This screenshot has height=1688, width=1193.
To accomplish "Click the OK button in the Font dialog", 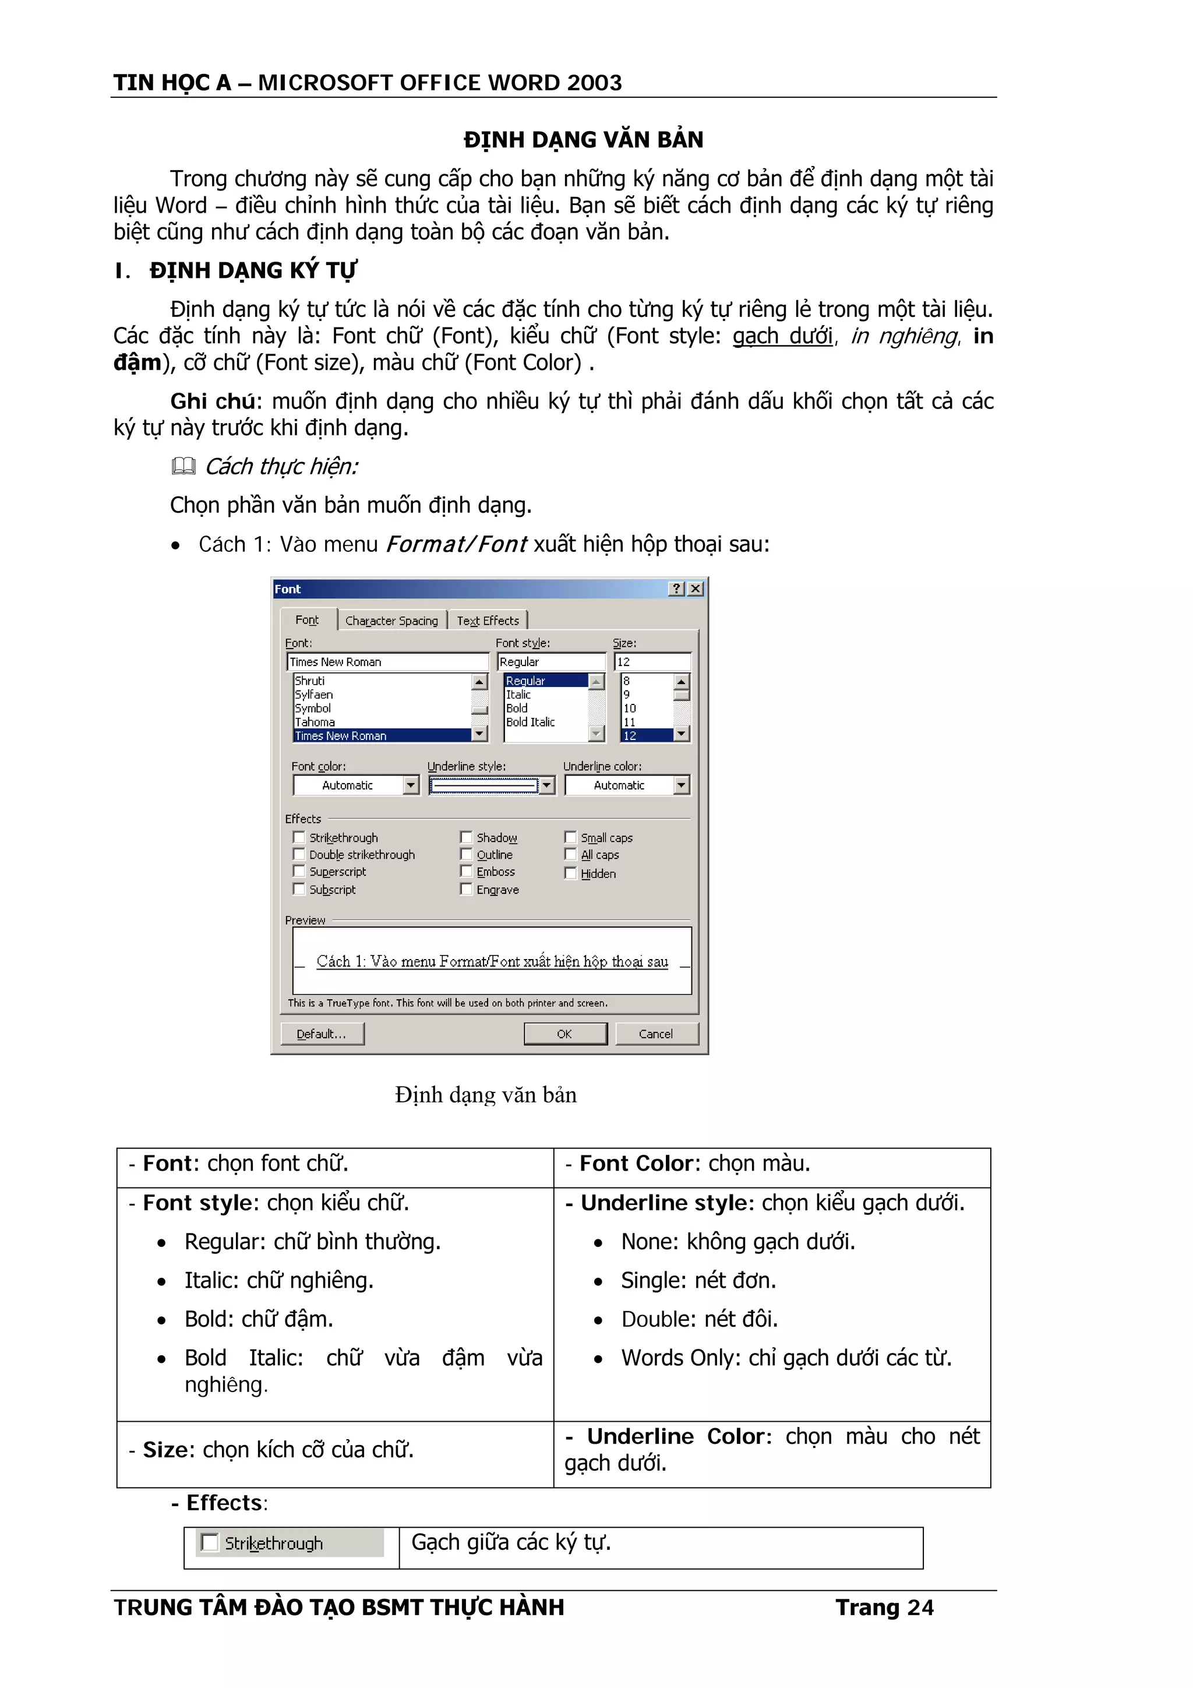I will (x=564, y=1034).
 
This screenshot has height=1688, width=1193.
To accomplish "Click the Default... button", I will (x=322, y=1034).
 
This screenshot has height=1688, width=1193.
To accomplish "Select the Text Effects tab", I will (x=488, y=621).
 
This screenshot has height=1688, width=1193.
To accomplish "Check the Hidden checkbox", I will (x=570, y=873).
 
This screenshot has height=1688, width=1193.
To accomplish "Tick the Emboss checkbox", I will (x=466, y=871).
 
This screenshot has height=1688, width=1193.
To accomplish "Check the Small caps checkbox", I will (x=570, y=837).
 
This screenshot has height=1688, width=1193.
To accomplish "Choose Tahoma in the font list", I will (x=315, y=722).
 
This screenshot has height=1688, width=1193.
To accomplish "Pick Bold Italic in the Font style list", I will (x=530, y=722).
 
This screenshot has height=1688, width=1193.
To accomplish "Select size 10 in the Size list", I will (x=630, y=708).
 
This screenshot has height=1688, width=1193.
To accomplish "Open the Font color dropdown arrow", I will (x=411, y=785).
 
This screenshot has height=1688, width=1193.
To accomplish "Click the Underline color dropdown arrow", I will (x=682, y=785).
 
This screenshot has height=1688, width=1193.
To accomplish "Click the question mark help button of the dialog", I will (x=676, y=589).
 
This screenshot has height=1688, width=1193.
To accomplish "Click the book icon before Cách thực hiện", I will (x=183, y=466).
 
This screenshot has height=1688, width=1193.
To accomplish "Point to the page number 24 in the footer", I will (x=920, y=1608).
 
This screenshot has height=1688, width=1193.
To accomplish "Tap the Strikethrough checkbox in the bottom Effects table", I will (x=210, y=1542).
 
